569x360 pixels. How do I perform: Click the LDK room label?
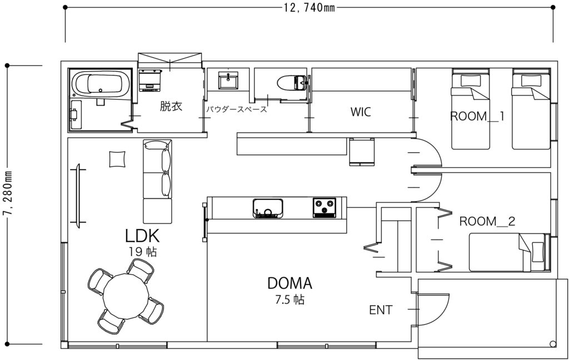pyautogui.click(x=142, y=236)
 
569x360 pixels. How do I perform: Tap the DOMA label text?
pyautogui.click(x=290, y=283)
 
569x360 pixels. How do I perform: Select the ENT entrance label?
pyautogui.click(x=381, y=310)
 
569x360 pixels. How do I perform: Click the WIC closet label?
pyautogui.click(x=361, y=112)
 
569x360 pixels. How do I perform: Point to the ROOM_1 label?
pyautogui.click(x=477, y=117)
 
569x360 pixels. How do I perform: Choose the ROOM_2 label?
pyautogui.click(x=487, y=221)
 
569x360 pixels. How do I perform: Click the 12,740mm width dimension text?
pyautogui.click(x=309, y=8)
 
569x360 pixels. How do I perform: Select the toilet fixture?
pyautogui.click(x=292, y=83)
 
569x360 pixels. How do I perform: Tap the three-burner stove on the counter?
pyautogui.click(x=325, y=208)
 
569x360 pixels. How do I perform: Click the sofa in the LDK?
pyautogui.click(x=157, y=181)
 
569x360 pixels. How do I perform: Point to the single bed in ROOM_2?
pyautogui.click(x=509, y=252)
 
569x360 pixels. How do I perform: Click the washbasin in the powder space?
pyautogui.click(x=228, y=80)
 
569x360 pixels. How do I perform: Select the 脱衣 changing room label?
pyautogui.click(x=171, y=106)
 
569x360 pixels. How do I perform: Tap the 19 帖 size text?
pyautogui.click(x=143, y=252)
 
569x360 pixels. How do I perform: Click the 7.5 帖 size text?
pyautogui.click(x=290, y=300)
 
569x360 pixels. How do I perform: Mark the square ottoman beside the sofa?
pyautogui.click(x=117, y=159)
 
